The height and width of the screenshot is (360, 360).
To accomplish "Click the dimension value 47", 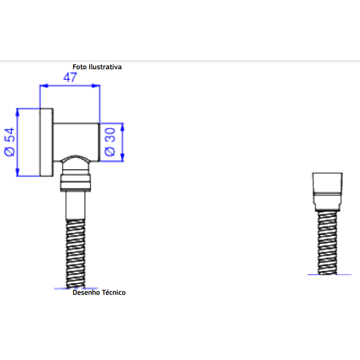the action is click(70, 78).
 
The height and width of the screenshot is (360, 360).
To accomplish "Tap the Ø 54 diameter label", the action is click(9, 142).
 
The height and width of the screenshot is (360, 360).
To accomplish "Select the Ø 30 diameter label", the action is click(110, 142).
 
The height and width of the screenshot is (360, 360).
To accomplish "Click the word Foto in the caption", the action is click(80, 67).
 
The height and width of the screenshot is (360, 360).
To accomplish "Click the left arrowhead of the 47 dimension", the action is click(44, 86).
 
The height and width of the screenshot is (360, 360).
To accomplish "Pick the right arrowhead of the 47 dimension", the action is click(96, 86).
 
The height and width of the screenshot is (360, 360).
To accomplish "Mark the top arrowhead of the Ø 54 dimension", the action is click(18, 112).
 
